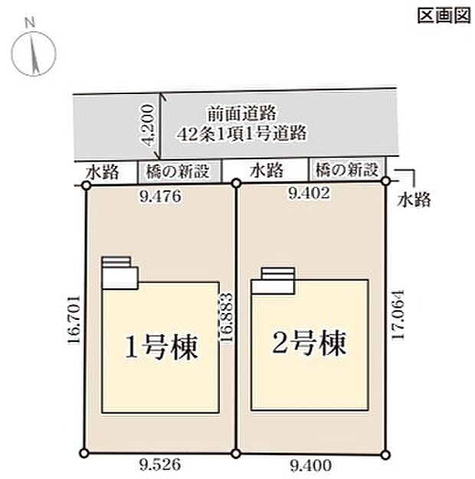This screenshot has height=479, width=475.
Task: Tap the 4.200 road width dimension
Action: click(x=150, y=126)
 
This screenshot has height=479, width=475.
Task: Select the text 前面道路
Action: click(x=241, y=112)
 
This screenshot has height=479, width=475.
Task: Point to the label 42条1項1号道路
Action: click(x=241, y=132)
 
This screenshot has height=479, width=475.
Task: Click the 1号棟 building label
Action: click(x=162, y=347)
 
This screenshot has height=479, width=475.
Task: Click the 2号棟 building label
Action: click(x=310, y=341)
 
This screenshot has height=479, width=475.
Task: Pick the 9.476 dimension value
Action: click(x=160, y=196)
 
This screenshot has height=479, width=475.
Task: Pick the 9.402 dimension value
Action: click(x=309, y=194)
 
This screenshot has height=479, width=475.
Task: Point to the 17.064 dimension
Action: click(x=396, y=315)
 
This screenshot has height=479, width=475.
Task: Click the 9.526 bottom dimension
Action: click(x=161, y=464)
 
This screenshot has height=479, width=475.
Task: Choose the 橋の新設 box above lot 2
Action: click(x=347, y=169)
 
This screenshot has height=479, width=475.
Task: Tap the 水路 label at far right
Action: click(x=414, y=200)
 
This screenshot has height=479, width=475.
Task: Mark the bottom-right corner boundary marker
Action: click(x=385, y=455)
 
